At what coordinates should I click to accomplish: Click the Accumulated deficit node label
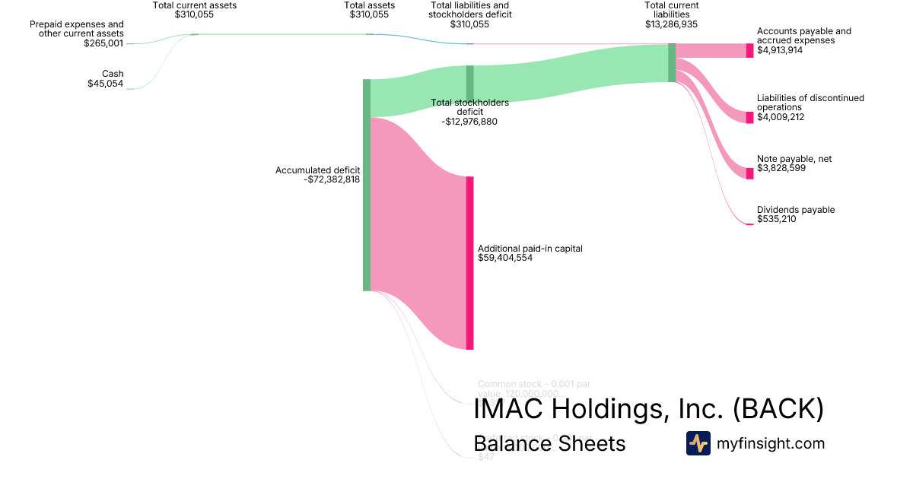(x=317, y=170)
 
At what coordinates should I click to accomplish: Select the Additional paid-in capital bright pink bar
(x=469, y=263)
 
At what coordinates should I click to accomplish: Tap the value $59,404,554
(x=505, y=259)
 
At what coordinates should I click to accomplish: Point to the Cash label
(x=113, y=74)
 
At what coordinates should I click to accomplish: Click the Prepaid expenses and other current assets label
(x=77, y=29)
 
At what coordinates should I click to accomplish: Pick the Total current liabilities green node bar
(x=672, y=62)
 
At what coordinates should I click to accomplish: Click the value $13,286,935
(x=671, y=24)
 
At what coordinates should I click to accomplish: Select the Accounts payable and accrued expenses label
(x=804, y=36)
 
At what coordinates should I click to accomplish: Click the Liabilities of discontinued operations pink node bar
(x=749, y=117)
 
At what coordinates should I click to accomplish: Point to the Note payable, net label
(x=794, y=159)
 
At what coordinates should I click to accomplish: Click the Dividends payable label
(x=796, y=210)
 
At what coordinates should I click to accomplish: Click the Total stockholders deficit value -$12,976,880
(x=469, y=122)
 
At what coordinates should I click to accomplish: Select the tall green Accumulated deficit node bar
(x=367, y=185)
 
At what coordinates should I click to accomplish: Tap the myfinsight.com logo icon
(x=698, y=443)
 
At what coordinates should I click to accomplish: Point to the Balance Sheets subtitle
(x=549, y=444)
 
